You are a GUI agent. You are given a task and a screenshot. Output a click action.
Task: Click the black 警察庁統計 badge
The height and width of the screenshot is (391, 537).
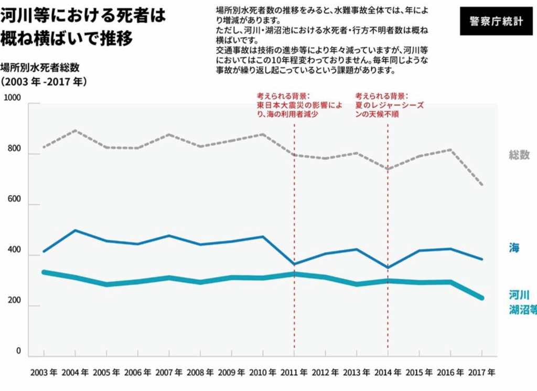point(496,22)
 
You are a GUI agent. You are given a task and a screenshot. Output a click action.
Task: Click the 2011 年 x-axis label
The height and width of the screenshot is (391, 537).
point(294,373)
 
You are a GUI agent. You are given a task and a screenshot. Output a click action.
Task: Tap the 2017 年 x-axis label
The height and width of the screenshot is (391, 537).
point(482,373)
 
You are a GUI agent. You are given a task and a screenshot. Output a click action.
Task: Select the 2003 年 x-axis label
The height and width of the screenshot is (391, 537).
point(44,373)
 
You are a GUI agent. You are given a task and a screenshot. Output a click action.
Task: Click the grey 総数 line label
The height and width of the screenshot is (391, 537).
point(519,155)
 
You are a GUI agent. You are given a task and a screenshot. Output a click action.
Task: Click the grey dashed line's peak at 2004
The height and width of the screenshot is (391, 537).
point(75,131)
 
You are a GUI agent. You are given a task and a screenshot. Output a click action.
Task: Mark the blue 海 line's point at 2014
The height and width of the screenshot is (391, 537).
point(388,267)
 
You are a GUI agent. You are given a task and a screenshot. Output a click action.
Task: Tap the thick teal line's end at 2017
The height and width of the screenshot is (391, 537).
point(482,298)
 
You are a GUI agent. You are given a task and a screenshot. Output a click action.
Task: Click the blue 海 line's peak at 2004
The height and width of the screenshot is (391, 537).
point(75,230)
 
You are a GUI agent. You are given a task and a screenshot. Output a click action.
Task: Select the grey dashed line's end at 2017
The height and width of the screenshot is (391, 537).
point(482,185)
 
